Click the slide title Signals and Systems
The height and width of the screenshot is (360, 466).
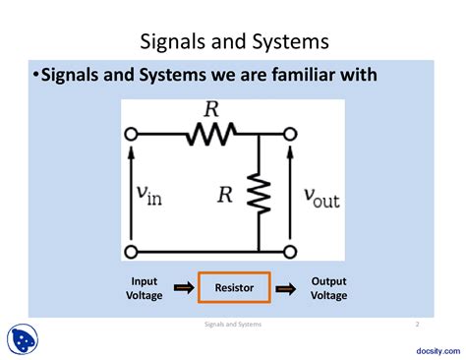tap(232, 41)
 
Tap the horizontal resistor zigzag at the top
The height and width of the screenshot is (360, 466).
tap(209, 133)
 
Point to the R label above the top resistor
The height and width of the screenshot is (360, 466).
tap(209, 110)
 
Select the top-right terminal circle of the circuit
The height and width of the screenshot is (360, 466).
tap(291, 133)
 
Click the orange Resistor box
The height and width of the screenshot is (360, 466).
tap(233, 288)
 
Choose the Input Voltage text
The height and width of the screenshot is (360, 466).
tap(144, 288)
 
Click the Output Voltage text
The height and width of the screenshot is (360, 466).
tap(328, 288)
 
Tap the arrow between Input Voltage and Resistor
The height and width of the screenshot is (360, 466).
tap(184, 288)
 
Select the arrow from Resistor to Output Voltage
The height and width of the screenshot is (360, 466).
tap(284, 288)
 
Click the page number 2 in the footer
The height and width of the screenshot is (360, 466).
tap(417, 324)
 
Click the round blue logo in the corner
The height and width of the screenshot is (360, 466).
tap(23, 340)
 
